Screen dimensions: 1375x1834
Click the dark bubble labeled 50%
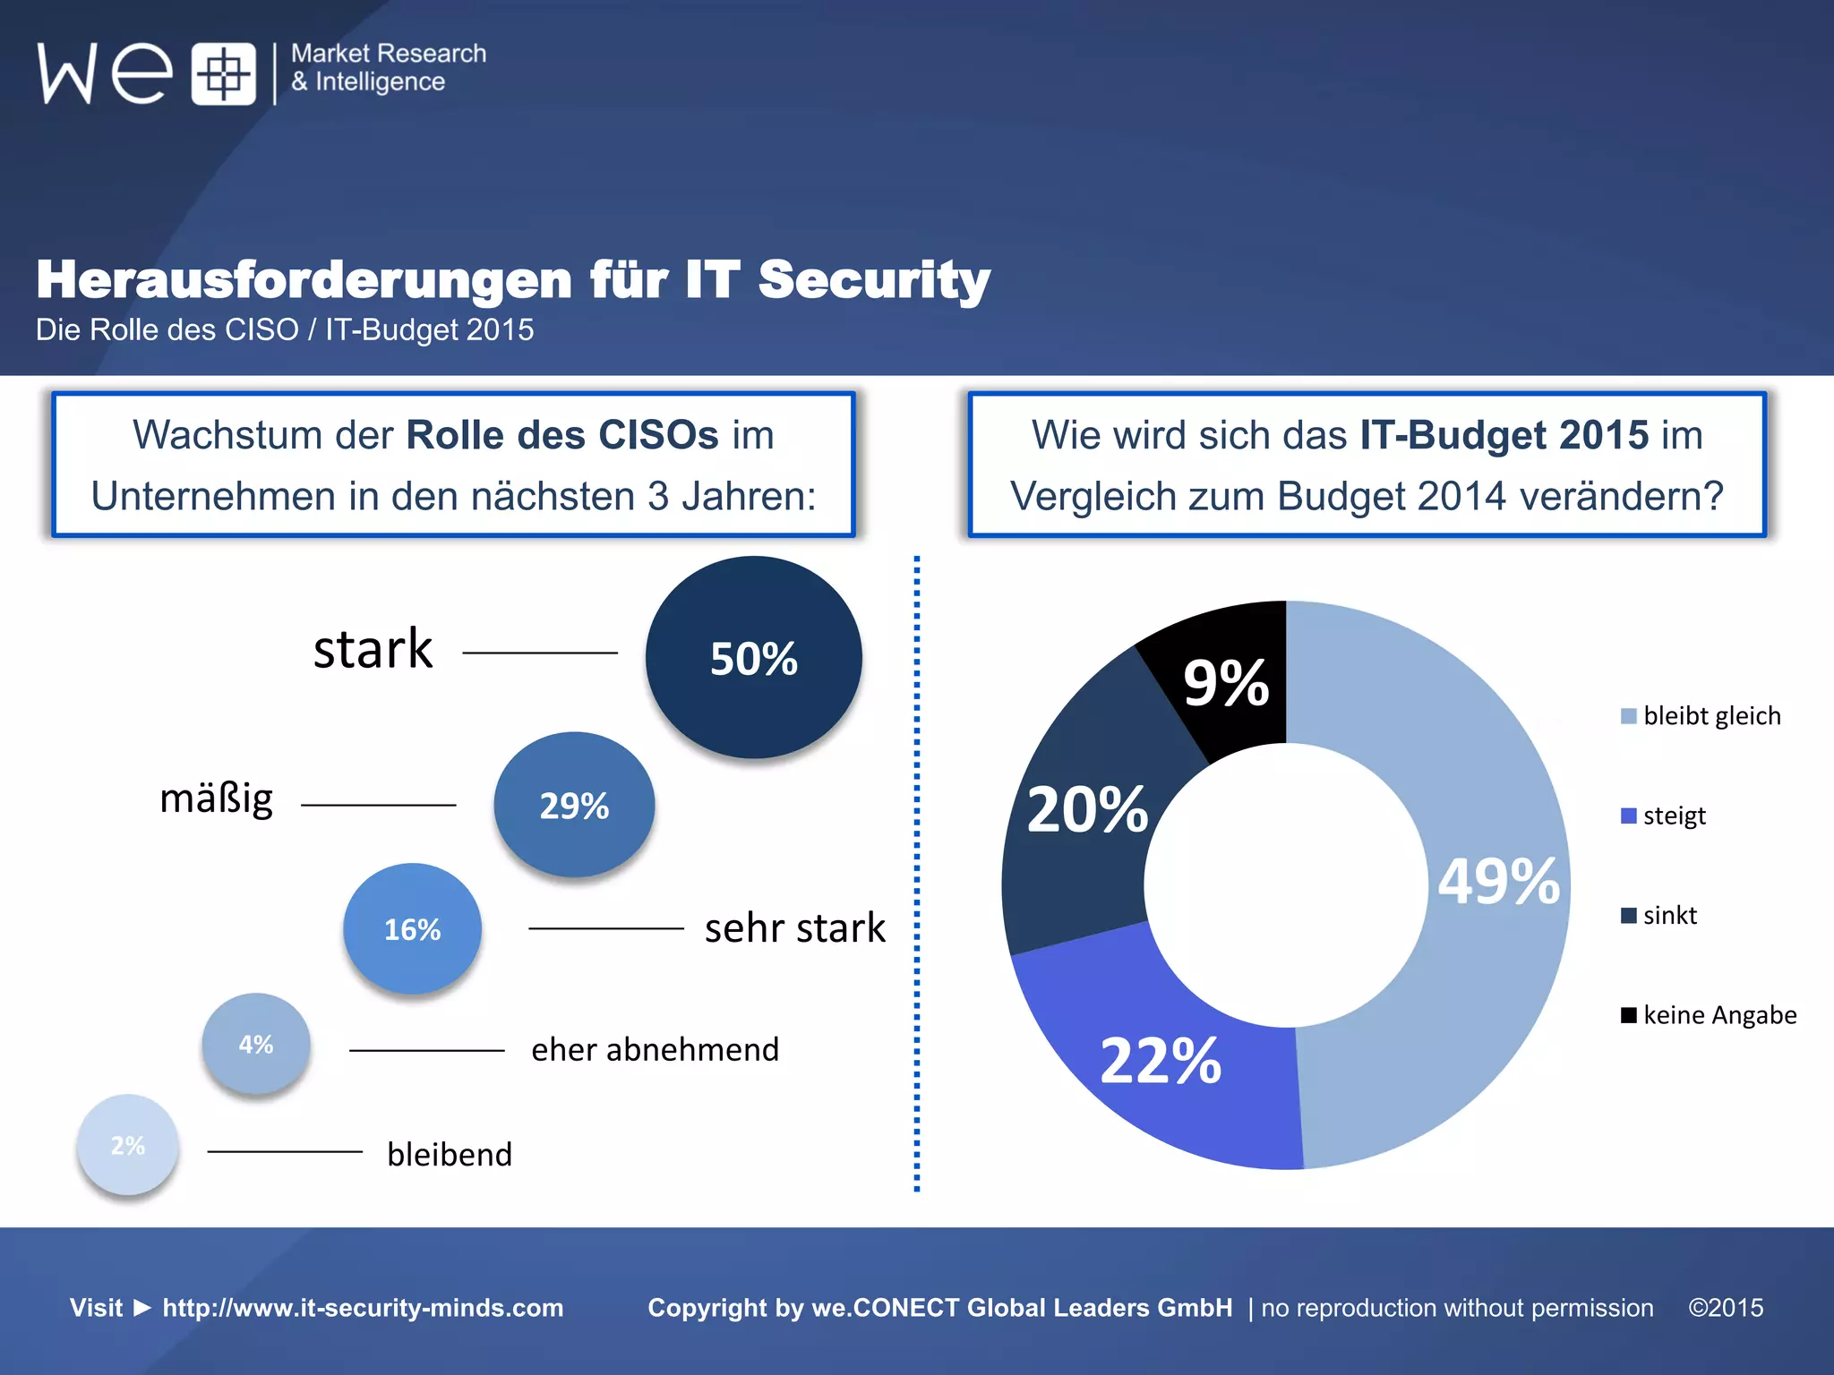753,658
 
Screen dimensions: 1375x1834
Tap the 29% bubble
574,805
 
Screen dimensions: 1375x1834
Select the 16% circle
412,929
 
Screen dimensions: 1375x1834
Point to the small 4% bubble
256,1044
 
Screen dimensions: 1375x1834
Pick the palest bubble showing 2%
127,1145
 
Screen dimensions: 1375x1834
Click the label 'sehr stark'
794,928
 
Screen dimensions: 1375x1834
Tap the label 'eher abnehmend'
655,1049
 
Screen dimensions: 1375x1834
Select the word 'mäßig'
216,799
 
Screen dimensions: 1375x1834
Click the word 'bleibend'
450,1154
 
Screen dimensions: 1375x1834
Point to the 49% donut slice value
1499,881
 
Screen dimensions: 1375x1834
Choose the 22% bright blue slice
1161,1061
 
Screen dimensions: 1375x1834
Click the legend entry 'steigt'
1673,816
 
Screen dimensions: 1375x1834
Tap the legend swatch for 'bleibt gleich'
1629,716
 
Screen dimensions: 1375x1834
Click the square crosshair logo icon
223,73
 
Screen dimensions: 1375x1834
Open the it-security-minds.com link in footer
363,1308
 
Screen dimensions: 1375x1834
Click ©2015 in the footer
1726,1308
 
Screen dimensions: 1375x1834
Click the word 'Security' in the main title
874,279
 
